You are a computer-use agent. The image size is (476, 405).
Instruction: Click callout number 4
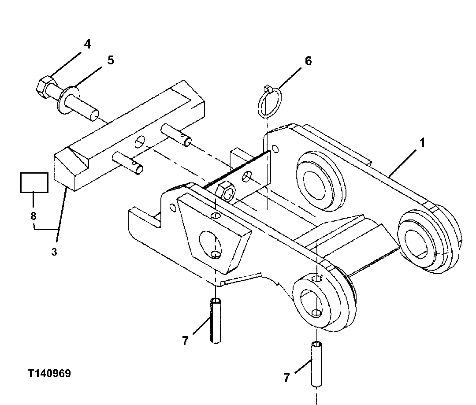(x=87, y=44)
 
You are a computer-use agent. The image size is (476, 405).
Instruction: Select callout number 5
(x=110, y=60)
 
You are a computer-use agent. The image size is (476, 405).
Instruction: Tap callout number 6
(x=308, y=61)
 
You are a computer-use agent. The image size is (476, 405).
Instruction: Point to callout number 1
(x=422, y=143)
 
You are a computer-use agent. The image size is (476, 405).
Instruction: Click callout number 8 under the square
(x=34, y=216)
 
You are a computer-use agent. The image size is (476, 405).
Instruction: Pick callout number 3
(x=54, y=252)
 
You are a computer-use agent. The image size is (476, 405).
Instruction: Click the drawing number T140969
(x=49, y=374)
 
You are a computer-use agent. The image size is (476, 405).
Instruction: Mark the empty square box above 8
(x=34, y=182)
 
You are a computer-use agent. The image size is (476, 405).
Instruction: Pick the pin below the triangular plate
(x=215, y=320)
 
